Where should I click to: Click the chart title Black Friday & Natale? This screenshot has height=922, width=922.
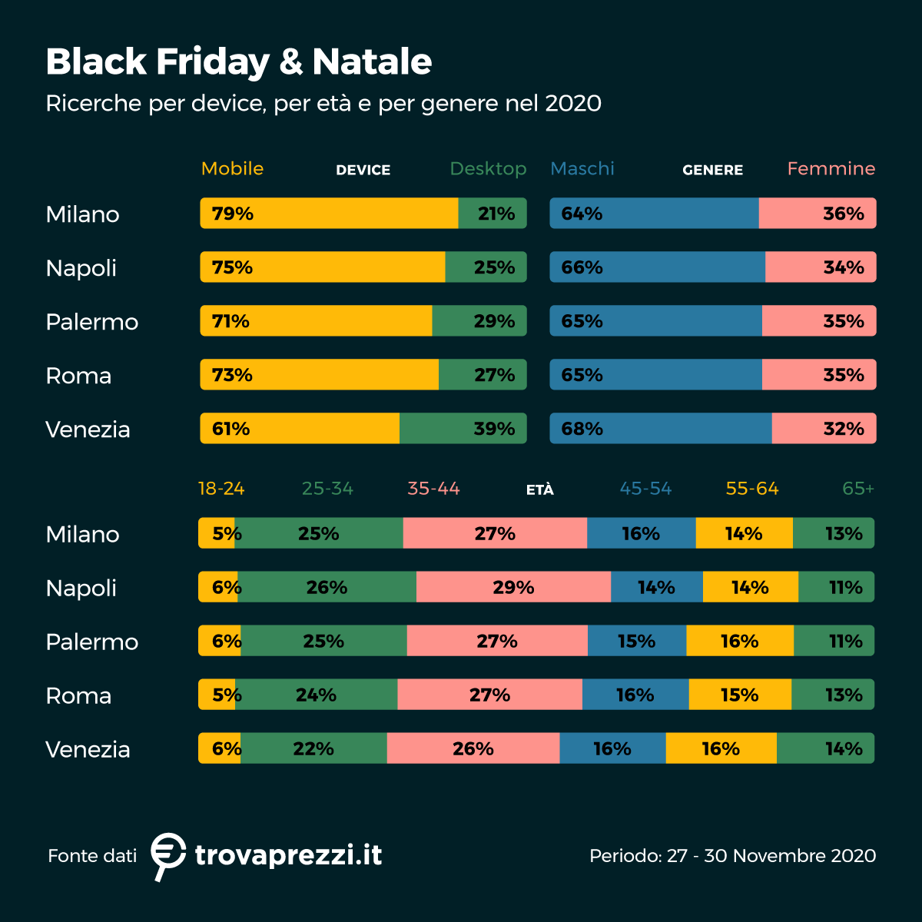238,61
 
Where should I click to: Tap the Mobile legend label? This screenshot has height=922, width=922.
232,168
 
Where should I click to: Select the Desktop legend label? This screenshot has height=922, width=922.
488,168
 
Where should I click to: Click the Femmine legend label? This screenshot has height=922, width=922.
831,168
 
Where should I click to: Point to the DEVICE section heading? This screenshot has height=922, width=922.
363,170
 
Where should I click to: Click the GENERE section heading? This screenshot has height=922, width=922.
712,170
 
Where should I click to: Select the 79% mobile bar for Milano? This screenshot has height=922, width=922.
329,214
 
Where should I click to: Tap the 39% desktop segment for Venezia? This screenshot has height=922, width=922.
463,429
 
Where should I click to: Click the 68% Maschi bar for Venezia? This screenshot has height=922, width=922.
661,429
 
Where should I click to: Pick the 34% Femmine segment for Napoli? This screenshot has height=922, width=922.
820,267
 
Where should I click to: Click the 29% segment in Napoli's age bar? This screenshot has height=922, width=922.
513,587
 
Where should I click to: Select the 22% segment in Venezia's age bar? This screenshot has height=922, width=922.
313,748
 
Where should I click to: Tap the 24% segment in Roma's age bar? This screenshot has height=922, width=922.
316,695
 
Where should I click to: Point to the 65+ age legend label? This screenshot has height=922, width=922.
857,489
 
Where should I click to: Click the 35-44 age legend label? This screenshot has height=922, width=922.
433,489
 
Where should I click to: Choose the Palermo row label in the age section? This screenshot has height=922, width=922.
91,642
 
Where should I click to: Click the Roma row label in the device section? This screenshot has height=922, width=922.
78,376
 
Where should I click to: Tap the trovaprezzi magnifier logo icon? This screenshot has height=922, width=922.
167,854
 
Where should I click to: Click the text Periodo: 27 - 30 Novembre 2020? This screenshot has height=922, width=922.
732,856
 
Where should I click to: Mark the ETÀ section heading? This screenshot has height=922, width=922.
539,490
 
